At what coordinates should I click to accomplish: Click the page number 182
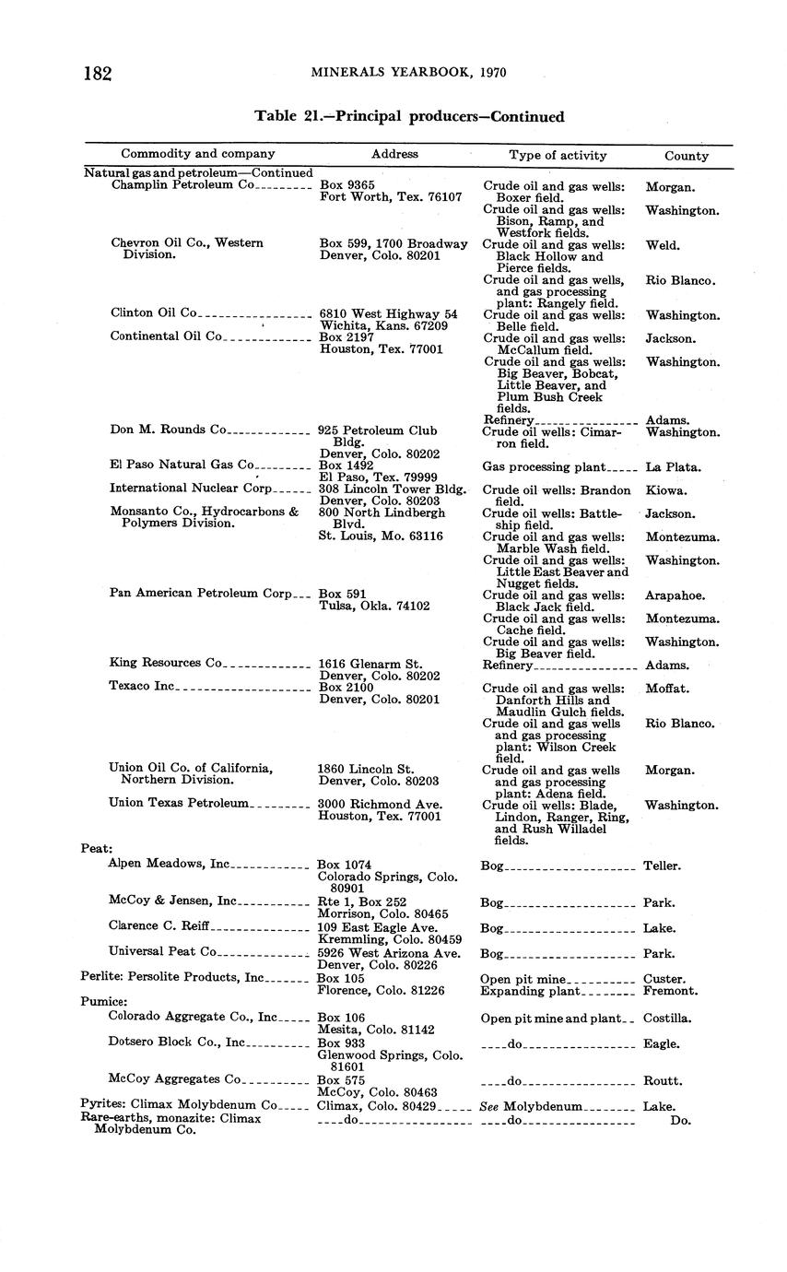pyautogui.click(x=97, y=74)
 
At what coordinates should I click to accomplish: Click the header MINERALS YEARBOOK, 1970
pyautogui.click(x=407, y=73)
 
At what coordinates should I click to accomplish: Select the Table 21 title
pyautogui.click(x=409, y=117)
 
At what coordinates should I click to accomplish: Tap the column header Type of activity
pyautogui.click(x=558, y=155)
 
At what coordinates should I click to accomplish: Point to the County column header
pyautogui.click(x=687, y=156)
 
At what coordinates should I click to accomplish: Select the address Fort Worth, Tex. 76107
pyautogui.click(x=390, y=197)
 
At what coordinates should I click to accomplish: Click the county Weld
pyautogui.click(x=662, y=245)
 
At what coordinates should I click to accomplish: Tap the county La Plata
pyautogui.click(x=673, y=467)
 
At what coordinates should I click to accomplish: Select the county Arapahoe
pyautogui.click(x=675, y=595)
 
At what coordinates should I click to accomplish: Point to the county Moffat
pyautogui.click(x=667, y=689)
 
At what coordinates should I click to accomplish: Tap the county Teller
pyautogui.click(x=662, y=866)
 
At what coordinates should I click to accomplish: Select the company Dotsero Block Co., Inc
pyautogui.click(x=176, y=1042)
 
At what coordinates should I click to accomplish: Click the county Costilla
pyautogui.click(x=668, y=1019)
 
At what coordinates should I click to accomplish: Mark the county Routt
pyautogui.click(x=662, y=1081)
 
